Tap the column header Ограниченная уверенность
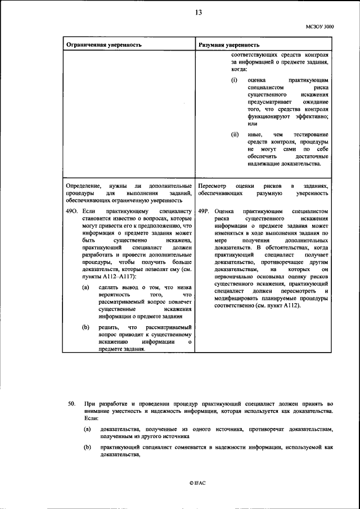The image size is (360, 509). point(101,44)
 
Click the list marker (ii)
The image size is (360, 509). point(235,134)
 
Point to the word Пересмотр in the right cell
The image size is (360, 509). point(213,186)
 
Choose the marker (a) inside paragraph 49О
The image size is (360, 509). point(85,288)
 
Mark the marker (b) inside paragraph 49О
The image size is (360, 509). point(85,327)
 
